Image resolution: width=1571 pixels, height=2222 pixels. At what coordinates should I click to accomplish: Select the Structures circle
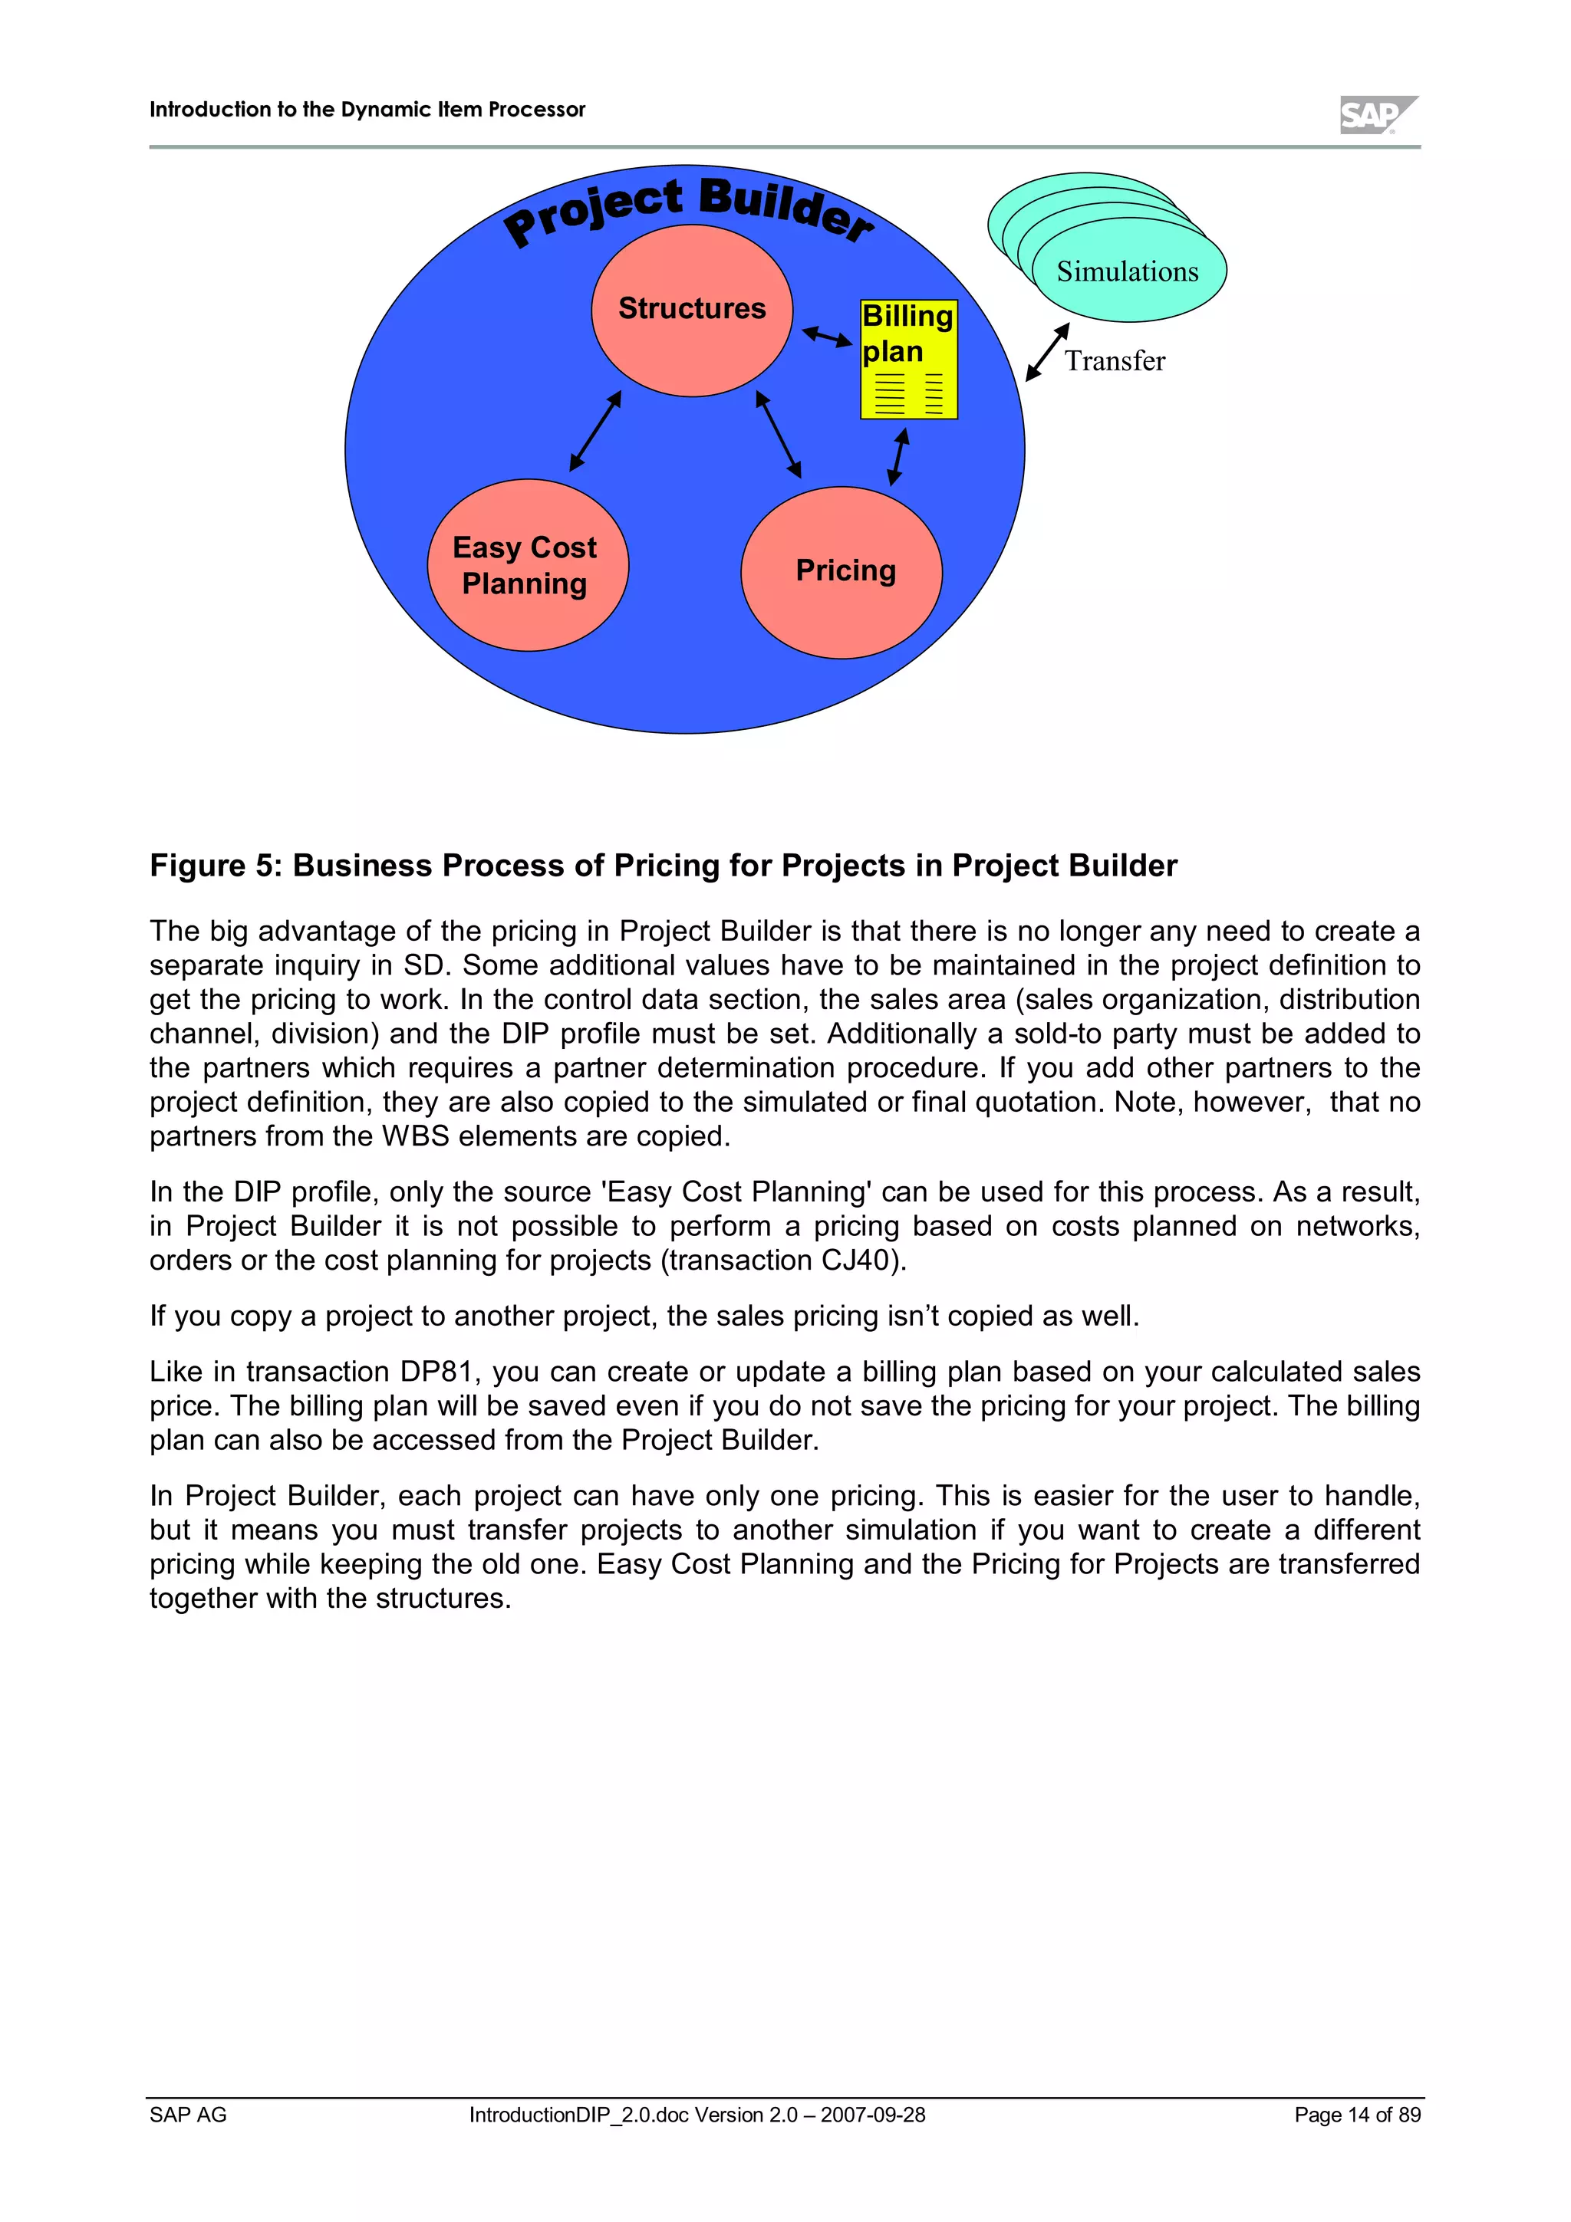[691, 310]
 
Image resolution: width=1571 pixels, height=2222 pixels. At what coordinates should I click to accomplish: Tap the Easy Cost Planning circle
[528, 565]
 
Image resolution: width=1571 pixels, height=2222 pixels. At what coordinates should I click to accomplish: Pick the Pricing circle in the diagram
[841, 571]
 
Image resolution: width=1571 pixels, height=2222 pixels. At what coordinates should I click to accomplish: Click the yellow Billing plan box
[908, 359]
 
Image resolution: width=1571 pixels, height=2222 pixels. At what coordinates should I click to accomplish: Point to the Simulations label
[1127, 272]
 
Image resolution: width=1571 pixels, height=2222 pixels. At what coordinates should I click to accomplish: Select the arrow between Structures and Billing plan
[827, 336]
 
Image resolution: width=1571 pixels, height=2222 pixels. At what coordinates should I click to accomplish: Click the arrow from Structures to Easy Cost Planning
[595, 431]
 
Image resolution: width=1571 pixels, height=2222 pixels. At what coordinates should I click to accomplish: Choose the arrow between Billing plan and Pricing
[898, 457]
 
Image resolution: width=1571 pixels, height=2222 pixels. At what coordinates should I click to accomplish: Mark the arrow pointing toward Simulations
[1047, 351]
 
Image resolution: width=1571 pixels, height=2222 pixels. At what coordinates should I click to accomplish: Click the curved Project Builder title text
[688, 207]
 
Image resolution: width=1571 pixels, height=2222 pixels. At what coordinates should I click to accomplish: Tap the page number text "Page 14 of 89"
[1357, 2115]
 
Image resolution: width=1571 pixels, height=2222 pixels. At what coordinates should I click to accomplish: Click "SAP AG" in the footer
[188, 2115]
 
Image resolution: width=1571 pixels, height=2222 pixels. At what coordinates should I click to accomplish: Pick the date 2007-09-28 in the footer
[872, 2115]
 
